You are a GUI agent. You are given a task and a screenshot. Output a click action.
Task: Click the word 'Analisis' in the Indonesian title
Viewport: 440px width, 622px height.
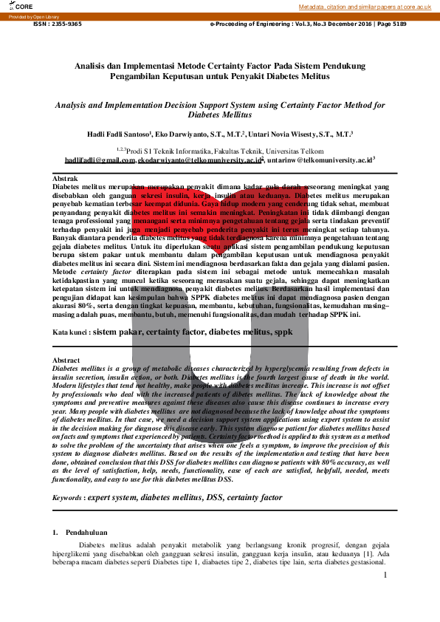click(x=92, y=65)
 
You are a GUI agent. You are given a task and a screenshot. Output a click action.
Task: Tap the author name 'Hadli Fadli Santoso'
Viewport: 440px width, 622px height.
click(x=118, y=134)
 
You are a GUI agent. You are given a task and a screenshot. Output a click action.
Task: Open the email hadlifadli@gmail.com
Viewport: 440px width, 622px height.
click(x=100, y=160)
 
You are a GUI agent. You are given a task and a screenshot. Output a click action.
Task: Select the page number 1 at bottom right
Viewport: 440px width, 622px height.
click(x=385, y=574)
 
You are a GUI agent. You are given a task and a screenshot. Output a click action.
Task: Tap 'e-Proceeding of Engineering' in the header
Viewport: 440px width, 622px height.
click(x=252, y=24)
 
